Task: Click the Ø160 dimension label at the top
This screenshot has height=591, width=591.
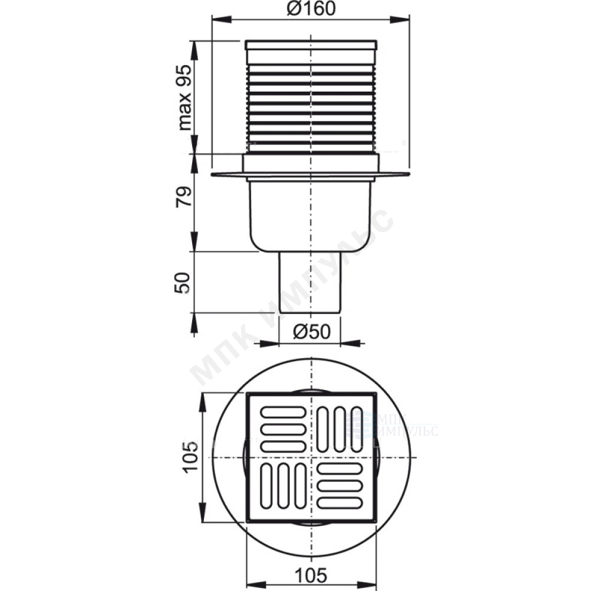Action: click(311, 9)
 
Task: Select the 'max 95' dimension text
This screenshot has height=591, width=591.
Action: click(184, 98)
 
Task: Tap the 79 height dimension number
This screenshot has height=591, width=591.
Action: click(184, 196)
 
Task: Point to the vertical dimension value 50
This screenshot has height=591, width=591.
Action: click(183, 283)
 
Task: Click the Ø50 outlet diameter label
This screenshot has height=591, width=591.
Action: click(311, 332)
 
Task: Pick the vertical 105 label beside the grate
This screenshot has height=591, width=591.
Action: click(190, 457)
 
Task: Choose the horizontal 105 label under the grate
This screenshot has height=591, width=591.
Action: click(311, 575)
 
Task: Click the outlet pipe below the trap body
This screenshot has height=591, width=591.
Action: click(310, 282)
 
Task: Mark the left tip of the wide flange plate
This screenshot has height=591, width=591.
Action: click(212, 174)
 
